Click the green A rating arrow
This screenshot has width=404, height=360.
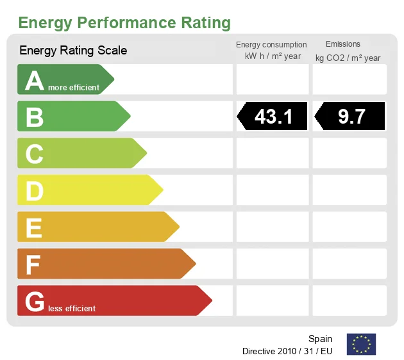pos(64,79)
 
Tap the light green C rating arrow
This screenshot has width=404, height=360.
pos(81,154)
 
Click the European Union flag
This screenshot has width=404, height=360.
pos(361,344)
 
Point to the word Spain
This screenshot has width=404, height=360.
pos(320,339)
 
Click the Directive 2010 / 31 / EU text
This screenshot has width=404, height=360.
pos(287,351)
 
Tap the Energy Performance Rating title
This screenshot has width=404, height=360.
pos(124,23)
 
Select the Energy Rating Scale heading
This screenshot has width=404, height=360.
pos(73,50)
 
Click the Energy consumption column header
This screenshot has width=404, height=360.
pos(271,44)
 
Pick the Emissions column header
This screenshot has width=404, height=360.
pos(343,44)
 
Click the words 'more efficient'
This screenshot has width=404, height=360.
pos(74,88)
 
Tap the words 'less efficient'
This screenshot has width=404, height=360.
pos(71,309)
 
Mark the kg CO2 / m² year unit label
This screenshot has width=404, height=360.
pos(348,58)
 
